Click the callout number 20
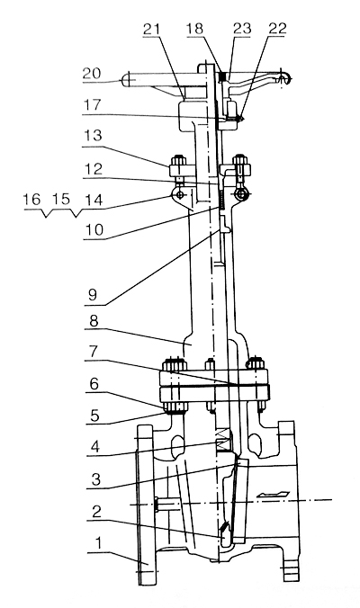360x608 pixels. click(x=92, y=73)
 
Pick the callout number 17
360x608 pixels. click(x=93, y=104)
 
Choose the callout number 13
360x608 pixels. click(x=93, y=136)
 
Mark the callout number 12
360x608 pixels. click(x=93, y=169)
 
